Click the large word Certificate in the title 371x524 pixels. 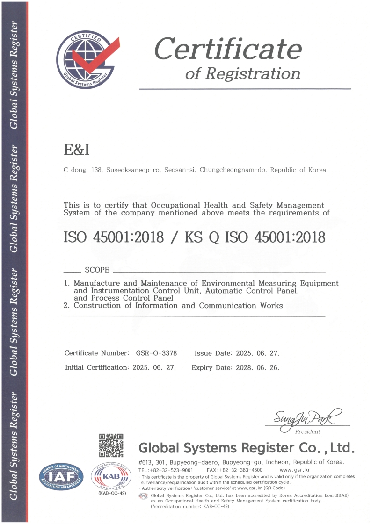(228, 49)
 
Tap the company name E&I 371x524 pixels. (76, 150)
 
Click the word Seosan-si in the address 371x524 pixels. (180, 170)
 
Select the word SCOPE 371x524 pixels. (97, 270)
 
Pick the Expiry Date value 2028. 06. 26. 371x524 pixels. (257, 367)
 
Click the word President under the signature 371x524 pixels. (307, 431)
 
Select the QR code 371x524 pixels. (111, 445)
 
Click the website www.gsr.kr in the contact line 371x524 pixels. (295, 470)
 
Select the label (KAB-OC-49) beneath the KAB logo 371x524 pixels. (111, 494)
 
